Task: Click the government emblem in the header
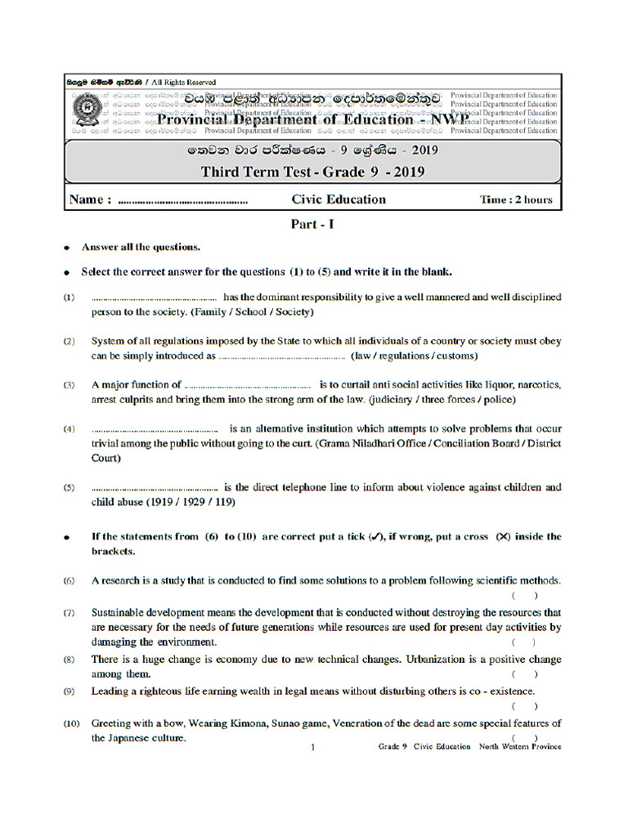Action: tap(85, 110)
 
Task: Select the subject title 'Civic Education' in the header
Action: tap(339, 199)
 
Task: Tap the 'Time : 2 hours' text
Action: tap(515, 199)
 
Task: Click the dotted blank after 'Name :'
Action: tap(183, 200)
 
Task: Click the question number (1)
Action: tap(70, 298)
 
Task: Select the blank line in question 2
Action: tap(283, 356)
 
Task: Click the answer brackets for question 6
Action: tap(524, 596)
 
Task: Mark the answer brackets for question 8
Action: tap(524, 674)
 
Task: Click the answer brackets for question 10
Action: tap(524, 738)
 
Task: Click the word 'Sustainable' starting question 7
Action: tap(120, 612)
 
